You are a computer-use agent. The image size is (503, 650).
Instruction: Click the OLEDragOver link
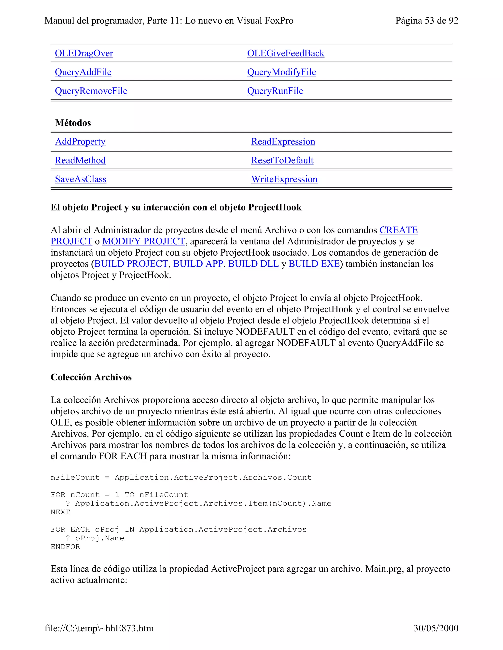84,53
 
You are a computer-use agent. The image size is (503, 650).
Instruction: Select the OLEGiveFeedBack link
285,53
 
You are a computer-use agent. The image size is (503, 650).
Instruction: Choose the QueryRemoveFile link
91,91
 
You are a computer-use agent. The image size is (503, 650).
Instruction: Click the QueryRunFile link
275,91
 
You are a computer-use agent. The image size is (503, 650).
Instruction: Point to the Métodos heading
73,123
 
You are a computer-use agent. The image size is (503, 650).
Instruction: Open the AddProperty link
80,142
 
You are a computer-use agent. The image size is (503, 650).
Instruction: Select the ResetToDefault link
282,160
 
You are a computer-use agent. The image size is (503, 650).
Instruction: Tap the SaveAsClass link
81,179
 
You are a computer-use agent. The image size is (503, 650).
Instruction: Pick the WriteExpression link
284,179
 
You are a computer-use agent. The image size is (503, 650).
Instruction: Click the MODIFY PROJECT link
143,241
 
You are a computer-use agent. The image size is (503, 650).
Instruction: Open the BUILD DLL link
253,264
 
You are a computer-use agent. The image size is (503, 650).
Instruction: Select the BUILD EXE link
314,264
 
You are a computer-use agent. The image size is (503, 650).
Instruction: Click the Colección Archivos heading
91,377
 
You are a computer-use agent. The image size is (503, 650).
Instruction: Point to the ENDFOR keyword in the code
65,547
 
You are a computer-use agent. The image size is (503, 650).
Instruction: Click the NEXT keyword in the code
60,512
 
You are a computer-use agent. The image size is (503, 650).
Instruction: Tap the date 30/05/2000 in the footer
436,628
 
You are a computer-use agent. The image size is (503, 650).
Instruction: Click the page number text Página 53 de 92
426,21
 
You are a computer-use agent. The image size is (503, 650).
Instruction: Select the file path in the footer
99,628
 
